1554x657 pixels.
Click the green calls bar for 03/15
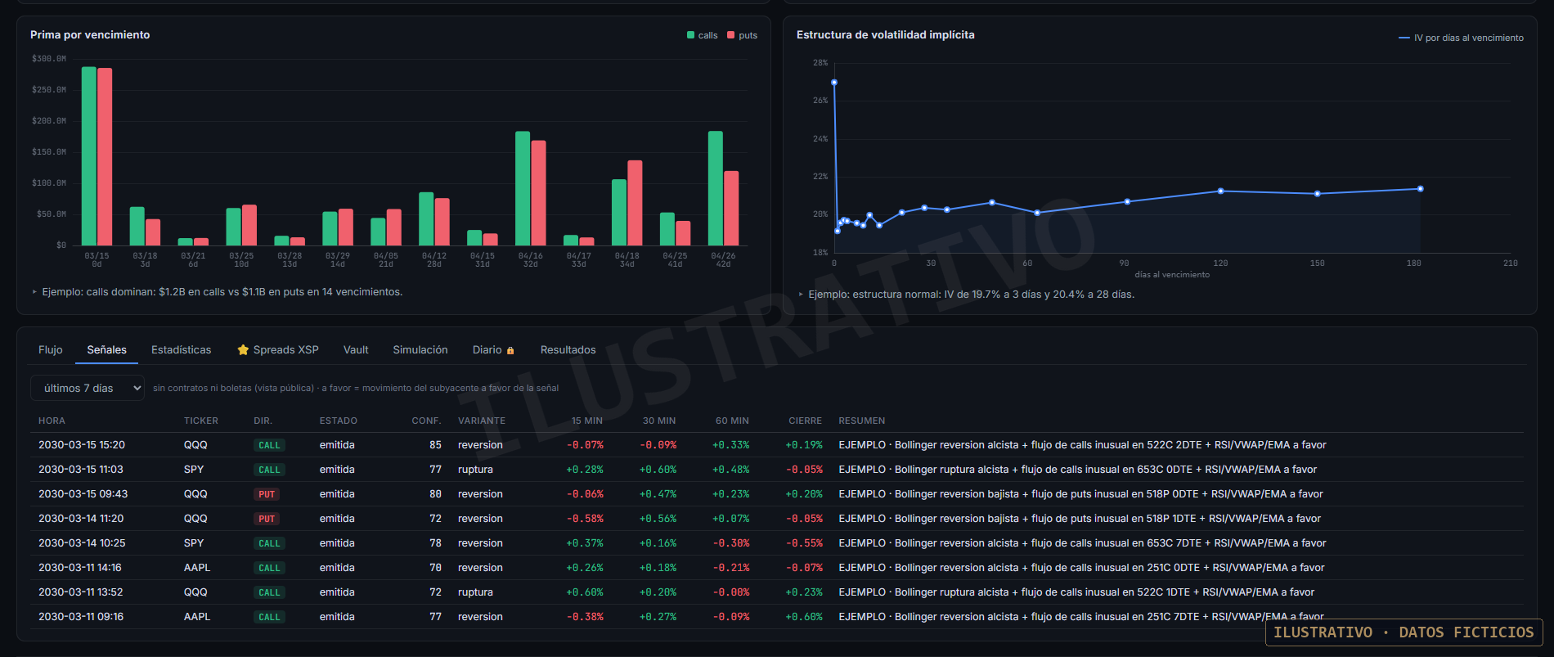[89, 156]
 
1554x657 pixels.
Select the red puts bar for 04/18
[635, 203]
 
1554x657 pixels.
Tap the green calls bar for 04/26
[716, 188]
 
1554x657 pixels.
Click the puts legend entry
[743, 35]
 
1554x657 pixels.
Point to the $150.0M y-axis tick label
[49, 152]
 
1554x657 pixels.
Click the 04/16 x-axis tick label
[531, 256]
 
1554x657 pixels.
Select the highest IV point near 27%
[834, 83]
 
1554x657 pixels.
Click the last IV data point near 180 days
[1420, 189]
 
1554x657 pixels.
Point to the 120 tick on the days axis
[1220, 263]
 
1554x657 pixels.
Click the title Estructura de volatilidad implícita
[886, 35]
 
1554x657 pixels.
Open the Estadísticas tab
[182, 350]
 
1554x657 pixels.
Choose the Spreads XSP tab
[278, 350]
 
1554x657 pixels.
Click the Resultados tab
[568, 350]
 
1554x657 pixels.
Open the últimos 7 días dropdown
[88, 389]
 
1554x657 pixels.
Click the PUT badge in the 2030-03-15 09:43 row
[267, 494]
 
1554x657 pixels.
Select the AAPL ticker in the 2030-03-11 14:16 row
[197, 568]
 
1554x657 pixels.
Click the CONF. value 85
[436, 445]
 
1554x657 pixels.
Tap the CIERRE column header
[806, 421]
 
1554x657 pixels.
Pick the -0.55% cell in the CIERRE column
[805, 543]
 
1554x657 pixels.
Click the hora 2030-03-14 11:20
[81, 519]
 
